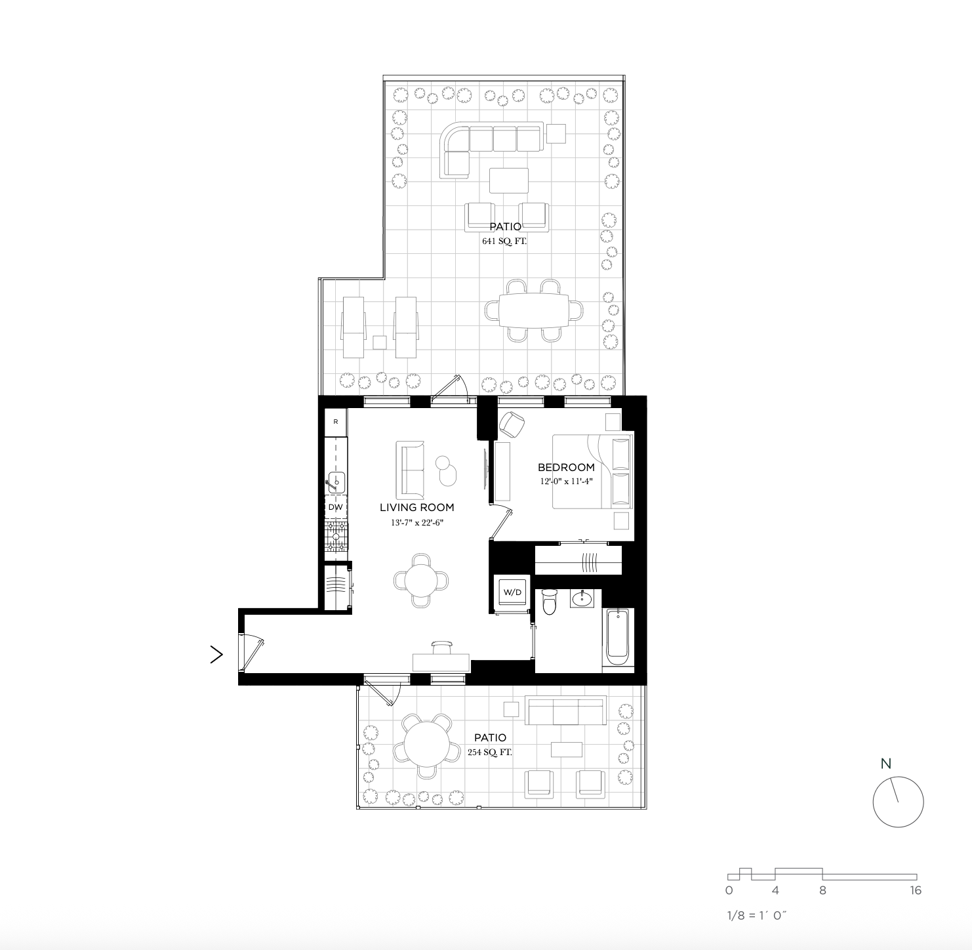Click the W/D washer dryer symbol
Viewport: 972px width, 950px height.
pos(512,592)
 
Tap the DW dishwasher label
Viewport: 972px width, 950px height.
pos(335,507)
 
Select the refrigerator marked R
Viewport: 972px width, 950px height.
pos(336,422)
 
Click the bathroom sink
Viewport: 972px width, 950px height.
pos(581,598)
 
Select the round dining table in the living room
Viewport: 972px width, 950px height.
pos(421,579)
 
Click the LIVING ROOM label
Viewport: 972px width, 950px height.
pos(416,507)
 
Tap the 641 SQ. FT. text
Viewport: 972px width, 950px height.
pos(504,241)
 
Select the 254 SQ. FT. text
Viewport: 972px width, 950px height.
pos(489,753)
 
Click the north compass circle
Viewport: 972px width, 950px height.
pos(898,802)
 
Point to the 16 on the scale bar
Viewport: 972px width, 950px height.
pos(915,890)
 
